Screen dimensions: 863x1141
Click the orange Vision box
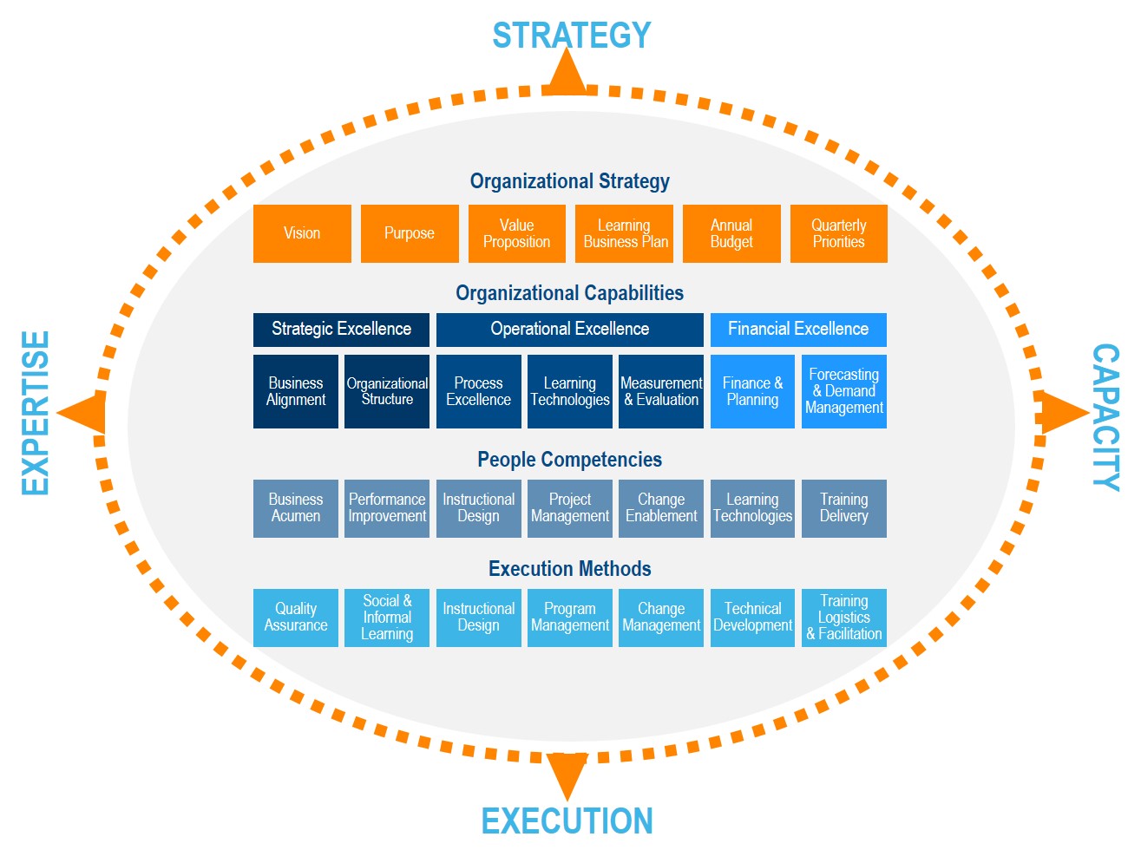[302, 233]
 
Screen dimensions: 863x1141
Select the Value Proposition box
[516, 233]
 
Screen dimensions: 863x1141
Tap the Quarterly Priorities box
[838, 233]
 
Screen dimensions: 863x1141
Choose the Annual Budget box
[731, 233]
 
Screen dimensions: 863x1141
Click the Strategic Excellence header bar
[341, 330]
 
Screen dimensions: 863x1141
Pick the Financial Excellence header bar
[798, 330]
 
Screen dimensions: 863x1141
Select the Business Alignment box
[296, 391]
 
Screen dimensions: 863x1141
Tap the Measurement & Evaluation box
[661, 391]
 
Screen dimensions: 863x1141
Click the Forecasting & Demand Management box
[843, 391]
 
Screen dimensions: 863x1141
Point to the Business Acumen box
[296, 508]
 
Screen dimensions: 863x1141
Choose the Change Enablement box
[661, 508]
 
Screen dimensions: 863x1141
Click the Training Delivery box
[843, 508]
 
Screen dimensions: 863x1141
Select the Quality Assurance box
[296, 618]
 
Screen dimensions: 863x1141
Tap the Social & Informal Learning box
[387, 618]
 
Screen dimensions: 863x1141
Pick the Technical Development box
[752, 618]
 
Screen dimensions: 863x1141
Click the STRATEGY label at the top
[571, 36]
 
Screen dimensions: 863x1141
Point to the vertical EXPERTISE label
[36, 413]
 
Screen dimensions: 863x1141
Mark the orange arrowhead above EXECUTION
[568, 774]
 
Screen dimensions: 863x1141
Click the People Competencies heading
[569, 460]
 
